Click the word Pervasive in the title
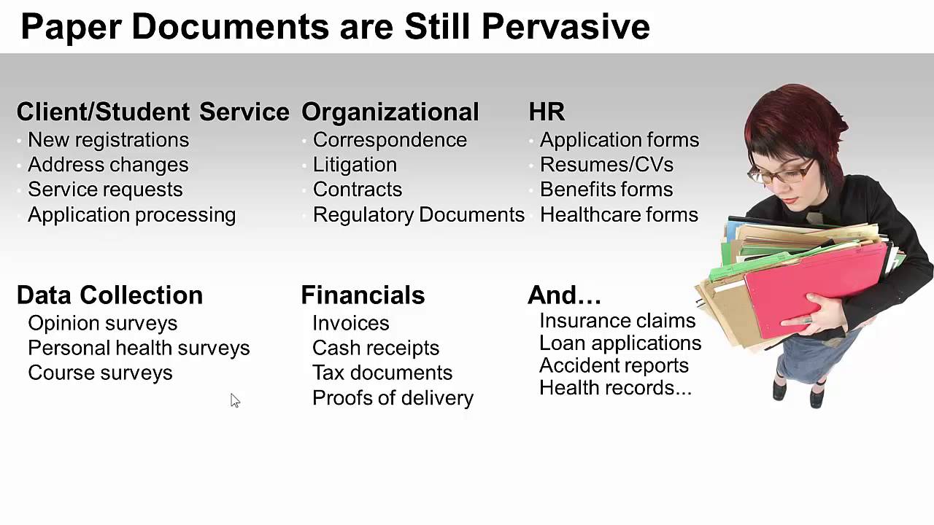coord(566,27)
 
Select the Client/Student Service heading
coord(153,112)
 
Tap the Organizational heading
coord(390,112)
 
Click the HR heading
coord(547,112)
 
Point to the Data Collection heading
coord(109,295)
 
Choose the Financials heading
coord(363,295)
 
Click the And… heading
coord(564,295)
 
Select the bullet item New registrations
coord(108,140)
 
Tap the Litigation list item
coord(355,165)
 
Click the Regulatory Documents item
coord(418,214)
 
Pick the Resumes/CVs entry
coord(606,165)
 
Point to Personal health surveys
coord(139,348)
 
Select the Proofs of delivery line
coord(393,397)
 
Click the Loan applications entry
coord(620,343)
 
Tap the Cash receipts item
coord(375,348)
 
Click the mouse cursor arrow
coord(235,400)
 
